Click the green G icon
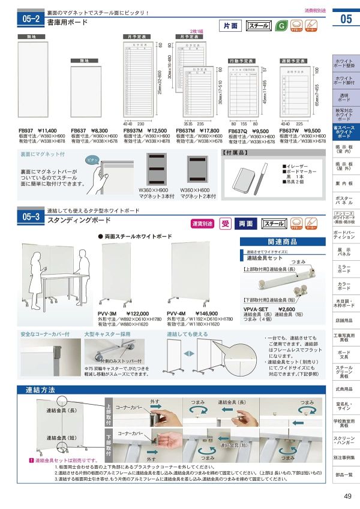pyautogui.click(x=280, y=25)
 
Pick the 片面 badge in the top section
pyautogui.click(x=231, y=26)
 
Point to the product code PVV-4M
pyautogui.click(x=175, y=314)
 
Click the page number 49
pyautogui.click(x=347, y=495)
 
